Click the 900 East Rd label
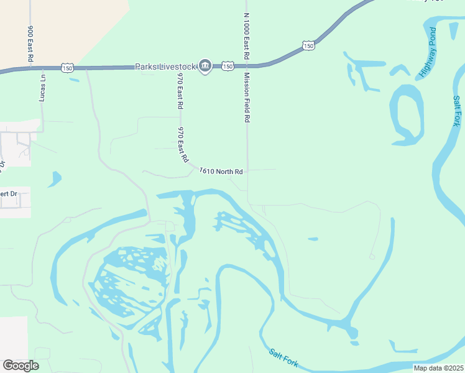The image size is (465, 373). click(30, 44)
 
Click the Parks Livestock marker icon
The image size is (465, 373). click(205, 67)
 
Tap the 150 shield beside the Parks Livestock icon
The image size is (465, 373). click(228, 66)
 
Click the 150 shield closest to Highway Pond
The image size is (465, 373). click(308, 45)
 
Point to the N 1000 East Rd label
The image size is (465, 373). click(247, 36)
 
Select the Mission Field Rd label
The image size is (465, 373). click(247, 97)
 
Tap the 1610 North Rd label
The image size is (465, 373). click(221, 171)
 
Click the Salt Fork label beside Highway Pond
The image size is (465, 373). click(457, 111)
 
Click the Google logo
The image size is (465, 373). click(21, 366)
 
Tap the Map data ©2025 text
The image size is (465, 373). click(439, 368)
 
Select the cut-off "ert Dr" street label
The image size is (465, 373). click(10, 194)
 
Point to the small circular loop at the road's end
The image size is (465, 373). click(372, 256)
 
